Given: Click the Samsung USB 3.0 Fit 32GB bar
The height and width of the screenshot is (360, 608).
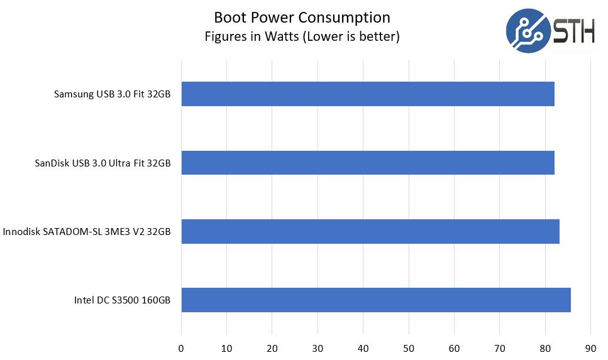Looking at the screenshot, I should coord(368,94).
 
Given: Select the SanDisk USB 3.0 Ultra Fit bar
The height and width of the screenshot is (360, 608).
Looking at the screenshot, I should coord(368,163).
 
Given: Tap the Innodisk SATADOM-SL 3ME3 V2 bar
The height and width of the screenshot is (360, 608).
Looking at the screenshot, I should coord(370,231).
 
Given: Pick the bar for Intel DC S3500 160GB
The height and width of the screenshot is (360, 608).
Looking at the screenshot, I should coord(376,300).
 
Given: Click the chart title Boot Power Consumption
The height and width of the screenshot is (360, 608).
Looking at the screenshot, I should coord(302,17).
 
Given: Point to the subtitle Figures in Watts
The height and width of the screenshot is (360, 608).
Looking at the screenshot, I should coord(302,36).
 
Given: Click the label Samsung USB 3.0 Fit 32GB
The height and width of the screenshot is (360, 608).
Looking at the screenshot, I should coord(113,95).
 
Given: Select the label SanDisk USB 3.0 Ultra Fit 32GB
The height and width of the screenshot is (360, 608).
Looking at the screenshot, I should coord(103,163).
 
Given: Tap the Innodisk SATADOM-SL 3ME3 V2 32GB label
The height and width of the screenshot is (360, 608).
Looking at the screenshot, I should coord(87,232).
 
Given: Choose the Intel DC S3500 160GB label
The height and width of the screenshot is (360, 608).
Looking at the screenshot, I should coord(122,300).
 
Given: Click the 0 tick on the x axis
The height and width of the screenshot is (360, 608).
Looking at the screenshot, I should coord(181,347).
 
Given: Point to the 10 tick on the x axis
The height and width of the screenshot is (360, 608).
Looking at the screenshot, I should coord(227,347).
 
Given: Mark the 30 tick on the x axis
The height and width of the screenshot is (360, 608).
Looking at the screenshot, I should coord(318,347).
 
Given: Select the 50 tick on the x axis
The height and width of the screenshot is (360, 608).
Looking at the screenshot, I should coord(409,347).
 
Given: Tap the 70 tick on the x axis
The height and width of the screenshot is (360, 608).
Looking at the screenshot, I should coord(500,347).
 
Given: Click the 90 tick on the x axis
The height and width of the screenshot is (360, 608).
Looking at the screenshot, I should coord(590,347).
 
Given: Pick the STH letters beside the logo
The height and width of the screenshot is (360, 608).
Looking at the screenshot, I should coord(574,30).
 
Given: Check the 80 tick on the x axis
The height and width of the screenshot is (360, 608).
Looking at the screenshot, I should coord(545,347).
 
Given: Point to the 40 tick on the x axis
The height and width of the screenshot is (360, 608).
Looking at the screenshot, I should coord(363,347).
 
